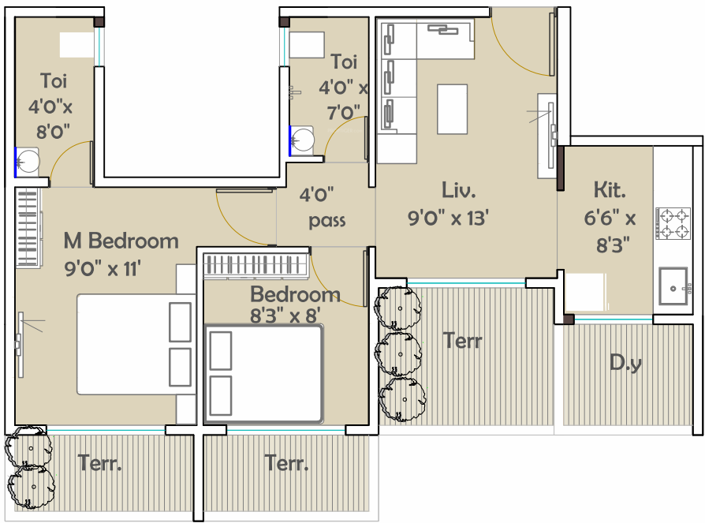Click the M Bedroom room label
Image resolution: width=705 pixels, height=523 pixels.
click(x=121, y=241)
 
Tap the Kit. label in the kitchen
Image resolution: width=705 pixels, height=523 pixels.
click(x=610, y=190)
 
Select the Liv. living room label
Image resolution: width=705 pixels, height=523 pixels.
click(x=459, y=190)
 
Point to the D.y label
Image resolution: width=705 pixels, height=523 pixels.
click(x=625, y=363)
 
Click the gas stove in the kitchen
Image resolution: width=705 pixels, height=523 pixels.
click(x=673, y=223)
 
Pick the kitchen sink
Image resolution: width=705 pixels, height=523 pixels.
click(x=673, y=286)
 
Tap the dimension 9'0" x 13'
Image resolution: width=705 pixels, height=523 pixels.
click(x=448, y=219)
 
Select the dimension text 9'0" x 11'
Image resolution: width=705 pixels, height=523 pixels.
click(x=103, y=269)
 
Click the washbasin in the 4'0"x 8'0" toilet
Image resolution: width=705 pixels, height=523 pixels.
click(x=28, y=161)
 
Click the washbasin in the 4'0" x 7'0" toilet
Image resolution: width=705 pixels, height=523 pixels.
click(x=302, y=140)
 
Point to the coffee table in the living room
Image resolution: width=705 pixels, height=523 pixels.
click(x=453, y=109)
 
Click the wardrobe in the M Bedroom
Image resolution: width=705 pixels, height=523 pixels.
click(x=28, y=228)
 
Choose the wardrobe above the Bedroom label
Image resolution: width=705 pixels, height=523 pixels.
click(x=256, y=264)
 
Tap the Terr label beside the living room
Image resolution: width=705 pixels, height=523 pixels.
click(x=462, y=341)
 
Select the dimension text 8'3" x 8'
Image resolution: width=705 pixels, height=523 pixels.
click(x=285, y=316)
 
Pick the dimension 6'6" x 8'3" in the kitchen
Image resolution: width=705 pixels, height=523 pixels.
click(x=610, y=232)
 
